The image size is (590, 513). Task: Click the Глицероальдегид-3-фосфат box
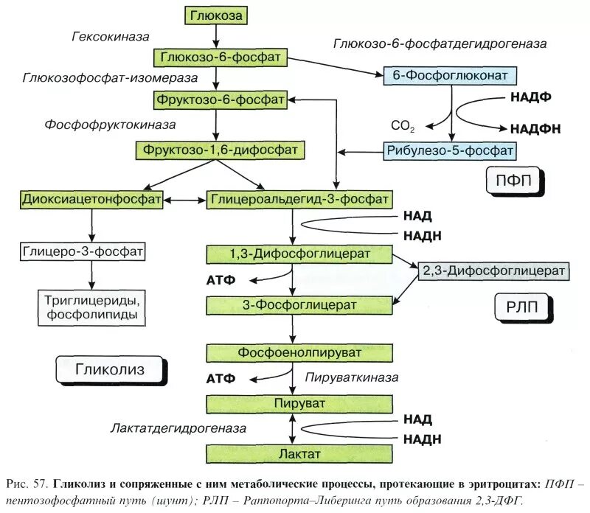pyautogui.click(x=299, y=200)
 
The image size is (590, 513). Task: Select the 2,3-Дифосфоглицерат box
pyautogui.click(x=493, y=271)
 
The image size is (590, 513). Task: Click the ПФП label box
pyautogui.click(x=514, y=179)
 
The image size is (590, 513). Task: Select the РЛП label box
pyautogui.click(x=521, y=307)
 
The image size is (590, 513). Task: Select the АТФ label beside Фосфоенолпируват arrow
pyautogui.click(x=220, y=379)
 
